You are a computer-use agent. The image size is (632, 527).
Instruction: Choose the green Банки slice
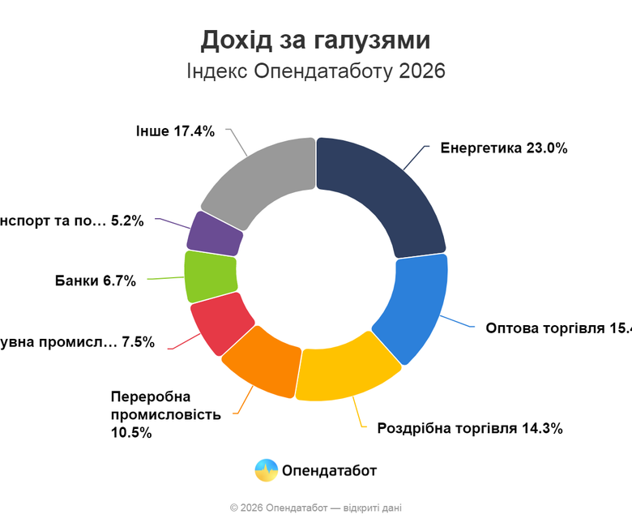click(x=210, y=276)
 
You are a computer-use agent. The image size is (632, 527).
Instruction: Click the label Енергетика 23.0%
click(x=504, y=148)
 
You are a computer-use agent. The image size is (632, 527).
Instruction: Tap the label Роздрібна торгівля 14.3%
click(x=469, y=428)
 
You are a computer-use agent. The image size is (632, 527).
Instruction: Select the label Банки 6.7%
click(x=96, y=281)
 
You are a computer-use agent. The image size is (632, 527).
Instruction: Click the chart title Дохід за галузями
click(x=316, y=40)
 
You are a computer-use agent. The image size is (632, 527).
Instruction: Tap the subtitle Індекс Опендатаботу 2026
click(x=316, y=71)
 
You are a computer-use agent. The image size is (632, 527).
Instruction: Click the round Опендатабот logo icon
click(x=267, y=470)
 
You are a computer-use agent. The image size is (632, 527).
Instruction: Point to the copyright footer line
click(x=316, y=508)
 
